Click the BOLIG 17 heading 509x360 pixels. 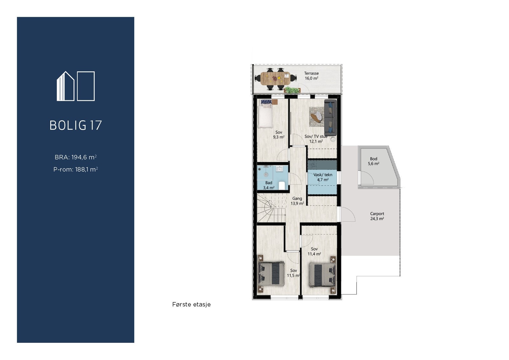[x=76, y=125]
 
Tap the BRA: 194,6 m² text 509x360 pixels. [x=76, y=157]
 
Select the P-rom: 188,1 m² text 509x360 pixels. [x=76, y=170]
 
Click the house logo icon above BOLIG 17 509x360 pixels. [x=76, y=86]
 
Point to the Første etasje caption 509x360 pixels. [x=191, y=305]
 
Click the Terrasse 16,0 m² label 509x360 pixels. [x=311, y=76]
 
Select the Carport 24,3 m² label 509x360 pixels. [x=377, y=216]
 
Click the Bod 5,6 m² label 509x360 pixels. [x=373, y=161]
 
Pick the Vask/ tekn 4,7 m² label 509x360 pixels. [x=323, y=177]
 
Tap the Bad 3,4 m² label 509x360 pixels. [x=269, y=185]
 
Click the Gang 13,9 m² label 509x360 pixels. [x=297, y=201]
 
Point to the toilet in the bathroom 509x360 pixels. [x=282, y=185]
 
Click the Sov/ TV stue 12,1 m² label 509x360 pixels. [x=316, y=139]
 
